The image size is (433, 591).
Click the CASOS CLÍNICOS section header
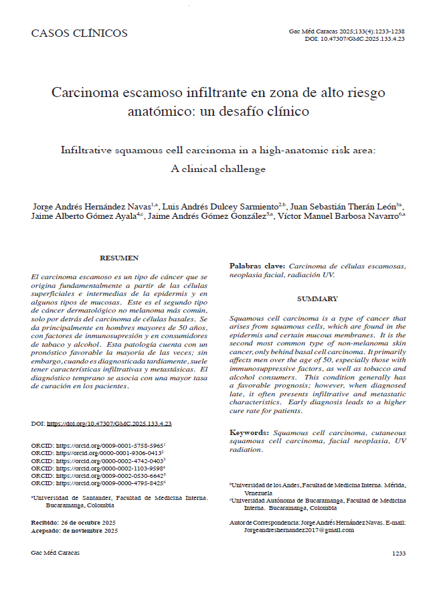coord(79,33)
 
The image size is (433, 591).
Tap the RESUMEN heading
coord(119,258)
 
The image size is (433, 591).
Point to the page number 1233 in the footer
coord(398,554)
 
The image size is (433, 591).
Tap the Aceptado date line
coord(74,530)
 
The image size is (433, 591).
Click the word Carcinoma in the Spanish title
coord(86,92)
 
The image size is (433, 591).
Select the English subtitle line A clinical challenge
coord(218,169)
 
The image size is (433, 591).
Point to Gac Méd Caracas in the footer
coord(56,554)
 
